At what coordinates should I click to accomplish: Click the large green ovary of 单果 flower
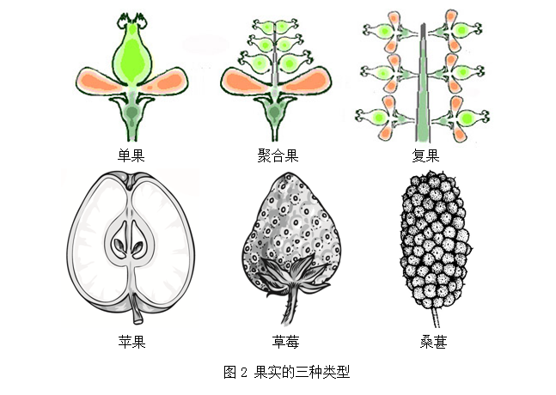pos(132,56)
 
